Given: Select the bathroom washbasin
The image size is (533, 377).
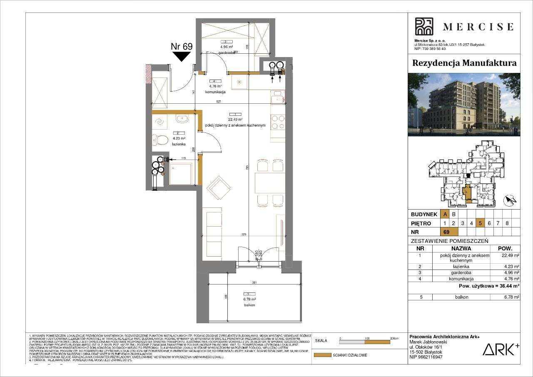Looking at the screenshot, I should (182, 120).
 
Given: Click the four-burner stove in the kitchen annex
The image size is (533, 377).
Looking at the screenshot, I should (277, 121).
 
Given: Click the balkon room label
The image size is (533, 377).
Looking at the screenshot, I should (249, 305).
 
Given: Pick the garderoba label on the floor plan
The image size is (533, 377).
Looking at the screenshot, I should (228, 53).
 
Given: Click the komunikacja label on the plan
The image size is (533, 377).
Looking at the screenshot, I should (217, 92).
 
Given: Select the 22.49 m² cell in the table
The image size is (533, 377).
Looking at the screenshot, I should (511, 256).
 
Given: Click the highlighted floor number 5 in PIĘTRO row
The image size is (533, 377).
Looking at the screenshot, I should (480, 223).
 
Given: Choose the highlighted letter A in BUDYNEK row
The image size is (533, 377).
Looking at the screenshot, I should (445, 214).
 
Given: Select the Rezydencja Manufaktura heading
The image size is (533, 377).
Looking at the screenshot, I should (464, 63).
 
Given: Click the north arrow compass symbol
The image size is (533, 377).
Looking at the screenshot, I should (510, 201).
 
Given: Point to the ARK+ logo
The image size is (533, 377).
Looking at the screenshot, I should (501, 349).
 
